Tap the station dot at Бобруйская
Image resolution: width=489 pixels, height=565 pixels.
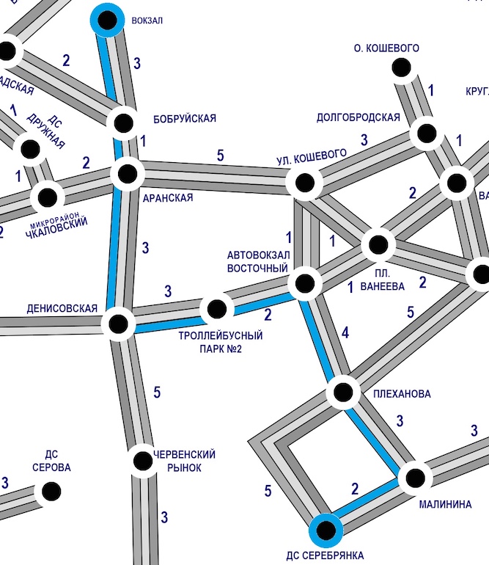(x=124, y=123)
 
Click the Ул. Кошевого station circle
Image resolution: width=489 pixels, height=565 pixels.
(x=304, y=182)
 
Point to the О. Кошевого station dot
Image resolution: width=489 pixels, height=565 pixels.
(x=401, y=68)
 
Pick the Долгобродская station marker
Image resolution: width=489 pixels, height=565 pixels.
(x=425, y=134)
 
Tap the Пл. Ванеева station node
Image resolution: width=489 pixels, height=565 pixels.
(x=378, y=244)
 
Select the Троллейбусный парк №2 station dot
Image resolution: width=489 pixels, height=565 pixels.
(x=216, y=309)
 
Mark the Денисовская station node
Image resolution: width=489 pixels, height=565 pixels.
(x=118, y=322)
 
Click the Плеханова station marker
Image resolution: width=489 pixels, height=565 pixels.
(x=342, y=392)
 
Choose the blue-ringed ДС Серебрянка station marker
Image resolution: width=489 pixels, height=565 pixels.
(x=325, y=530)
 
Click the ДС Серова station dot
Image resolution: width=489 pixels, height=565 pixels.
(x=51, y=491)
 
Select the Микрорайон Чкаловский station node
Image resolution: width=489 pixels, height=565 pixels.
(x=47, y=197)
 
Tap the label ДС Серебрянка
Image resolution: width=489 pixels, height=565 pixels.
(x=326, y=555)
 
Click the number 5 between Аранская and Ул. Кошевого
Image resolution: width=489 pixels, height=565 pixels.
(x=220, y=156)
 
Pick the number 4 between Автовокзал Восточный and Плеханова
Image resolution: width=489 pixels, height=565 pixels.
(x=345, y=335)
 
